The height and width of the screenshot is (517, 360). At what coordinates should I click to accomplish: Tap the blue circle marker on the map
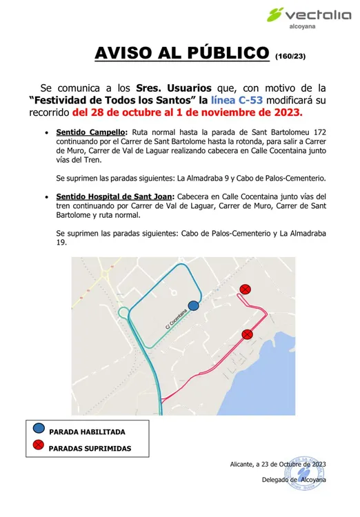[x=194, y=305]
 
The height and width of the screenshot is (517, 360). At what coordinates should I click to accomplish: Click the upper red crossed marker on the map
[x=245, y=289]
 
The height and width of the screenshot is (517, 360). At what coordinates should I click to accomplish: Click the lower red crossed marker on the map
[x=247, y=335]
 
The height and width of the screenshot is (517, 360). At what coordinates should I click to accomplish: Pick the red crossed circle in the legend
[x=39, y=446]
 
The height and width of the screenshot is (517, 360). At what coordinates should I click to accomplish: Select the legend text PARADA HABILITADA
[x=88, y=432]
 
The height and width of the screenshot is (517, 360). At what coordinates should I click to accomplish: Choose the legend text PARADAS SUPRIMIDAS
[x=90, y=448]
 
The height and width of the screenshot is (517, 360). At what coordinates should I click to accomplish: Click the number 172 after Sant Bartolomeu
[x=317, y=132]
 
